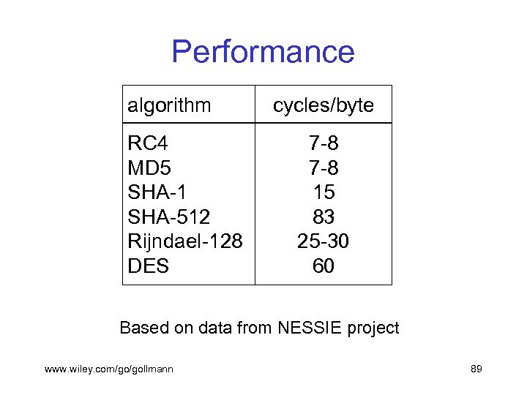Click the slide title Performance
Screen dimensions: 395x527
(263, 52)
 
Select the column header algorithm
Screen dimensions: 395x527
(169, 105)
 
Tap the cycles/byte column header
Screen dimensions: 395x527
(323, 105)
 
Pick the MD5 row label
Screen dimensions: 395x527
(149, 168)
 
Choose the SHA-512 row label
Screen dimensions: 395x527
(168, 217)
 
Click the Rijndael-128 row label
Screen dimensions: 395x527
(184, 241)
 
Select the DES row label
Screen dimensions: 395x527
(148, 266)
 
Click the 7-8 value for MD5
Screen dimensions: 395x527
(323, 168)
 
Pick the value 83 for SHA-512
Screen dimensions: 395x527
(323, 217)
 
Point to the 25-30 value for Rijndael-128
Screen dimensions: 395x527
(323, 241)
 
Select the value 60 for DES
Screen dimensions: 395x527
(323, 266)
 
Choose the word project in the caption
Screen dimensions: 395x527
(371, 328)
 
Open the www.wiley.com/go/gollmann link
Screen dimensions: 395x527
(109, 369)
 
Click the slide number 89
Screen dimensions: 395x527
(476, 369)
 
